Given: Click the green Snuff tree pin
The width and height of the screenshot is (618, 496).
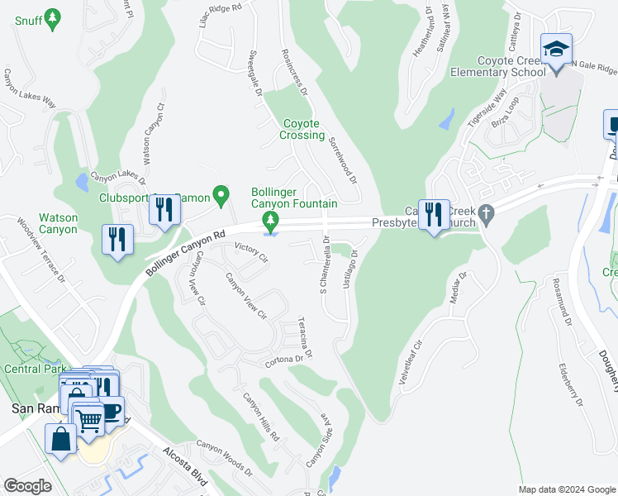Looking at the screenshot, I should tap(53, 18).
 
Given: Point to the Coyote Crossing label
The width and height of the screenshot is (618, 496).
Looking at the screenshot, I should tap(302, 129).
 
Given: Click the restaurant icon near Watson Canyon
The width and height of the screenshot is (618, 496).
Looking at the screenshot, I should tap(117, 241).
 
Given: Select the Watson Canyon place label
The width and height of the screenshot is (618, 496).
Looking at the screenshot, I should tap(59, 224).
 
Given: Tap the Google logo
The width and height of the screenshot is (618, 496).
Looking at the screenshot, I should tap(27, 486).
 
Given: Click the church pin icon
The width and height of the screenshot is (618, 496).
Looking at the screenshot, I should tap(487, 213).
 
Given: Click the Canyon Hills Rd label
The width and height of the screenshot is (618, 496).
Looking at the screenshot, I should tap(261, 417).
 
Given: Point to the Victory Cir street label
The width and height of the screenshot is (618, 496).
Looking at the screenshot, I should tap(252, 251).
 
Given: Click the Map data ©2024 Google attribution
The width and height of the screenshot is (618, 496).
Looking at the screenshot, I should tap(567, 489).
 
